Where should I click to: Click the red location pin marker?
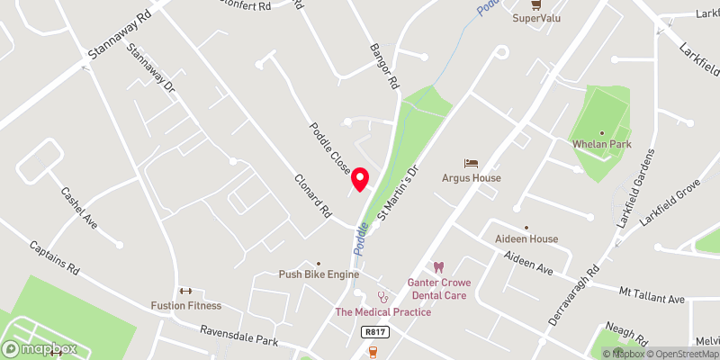pos(361,179)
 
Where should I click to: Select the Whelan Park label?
pos(602,144)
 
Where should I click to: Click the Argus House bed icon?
pos(471,163)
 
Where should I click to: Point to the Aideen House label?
pos(526,238)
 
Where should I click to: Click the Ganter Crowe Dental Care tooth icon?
pos(439,267)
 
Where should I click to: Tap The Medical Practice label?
pos(382,312)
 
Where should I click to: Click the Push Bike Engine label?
pos(319,274)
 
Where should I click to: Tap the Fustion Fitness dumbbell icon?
pos(187,290)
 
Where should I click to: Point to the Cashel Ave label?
pos(78,207)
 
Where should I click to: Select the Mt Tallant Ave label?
pos(652,297)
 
